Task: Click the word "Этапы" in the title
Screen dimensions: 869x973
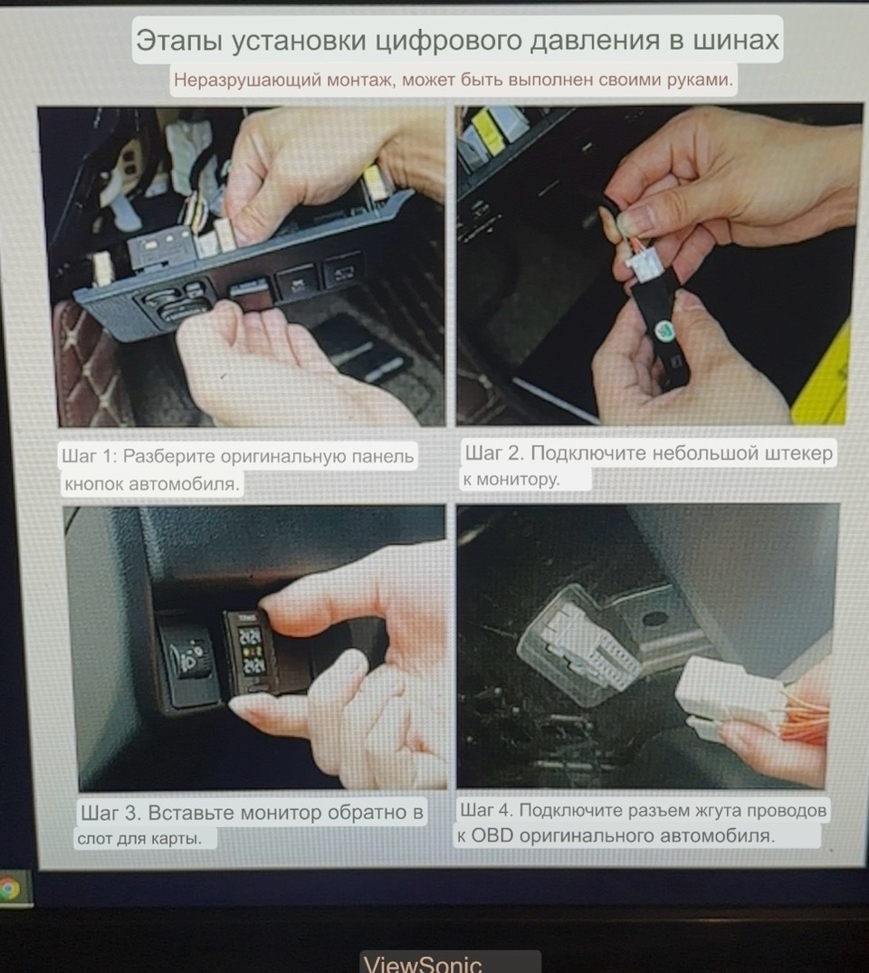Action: click(179, 41)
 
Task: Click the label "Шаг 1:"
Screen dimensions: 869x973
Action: click(90, 456)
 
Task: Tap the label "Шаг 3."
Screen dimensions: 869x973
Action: click(111, 812)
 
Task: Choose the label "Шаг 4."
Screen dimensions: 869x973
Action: click(487, 810)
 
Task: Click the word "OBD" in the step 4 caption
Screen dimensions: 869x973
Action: click(492, 835)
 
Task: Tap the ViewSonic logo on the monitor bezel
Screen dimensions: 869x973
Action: click(423, 963)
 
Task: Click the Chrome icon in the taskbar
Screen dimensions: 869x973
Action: click(9, 889)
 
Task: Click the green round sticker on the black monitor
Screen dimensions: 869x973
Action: click(664, 329)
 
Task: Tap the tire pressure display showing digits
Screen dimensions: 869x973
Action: click(253, 651)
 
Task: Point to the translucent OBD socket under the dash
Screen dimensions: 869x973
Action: click(578, 645)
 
